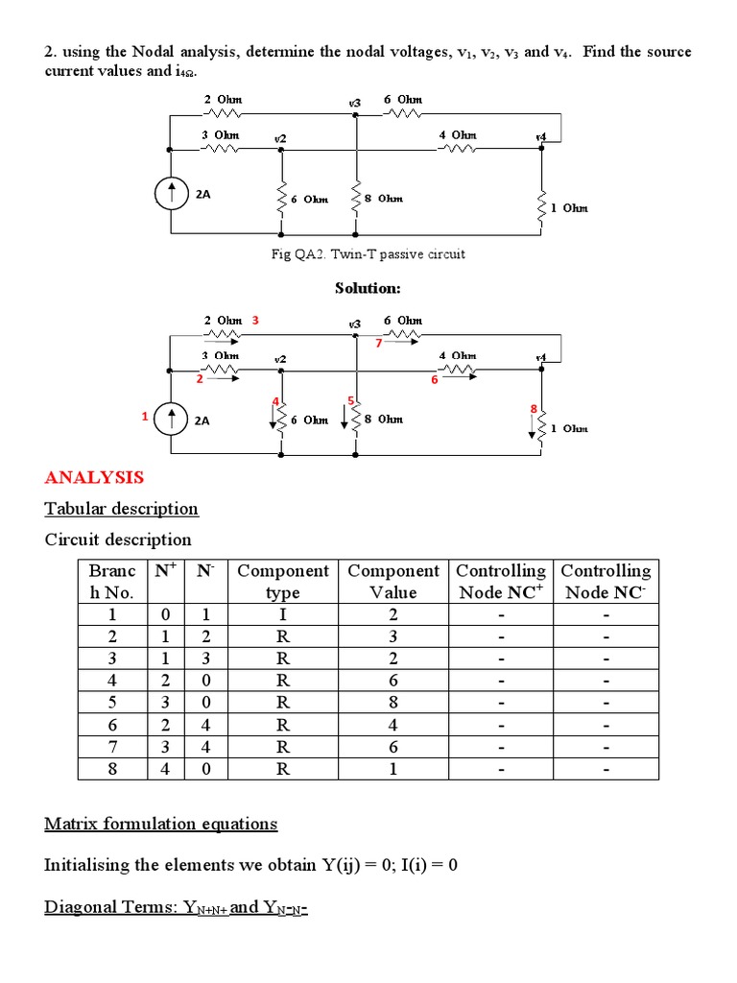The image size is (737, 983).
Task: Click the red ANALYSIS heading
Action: coord(94,477)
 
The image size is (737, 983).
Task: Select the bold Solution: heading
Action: coord(368,288)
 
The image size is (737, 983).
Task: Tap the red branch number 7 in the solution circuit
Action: coord(378,343)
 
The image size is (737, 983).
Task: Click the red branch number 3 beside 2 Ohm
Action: coord(255,320)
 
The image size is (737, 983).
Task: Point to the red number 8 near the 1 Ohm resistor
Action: coord(534,410)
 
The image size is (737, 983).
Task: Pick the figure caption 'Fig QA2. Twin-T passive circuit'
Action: coord(368,254)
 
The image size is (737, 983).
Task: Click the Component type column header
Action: coord(282,582)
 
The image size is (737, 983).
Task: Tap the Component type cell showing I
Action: coord(282,615)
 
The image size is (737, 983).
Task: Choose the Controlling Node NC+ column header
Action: coord(500,582)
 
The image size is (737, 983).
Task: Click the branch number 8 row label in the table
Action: coord(111,768)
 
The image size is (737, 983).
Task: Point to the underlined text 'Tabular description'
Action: coord(122,509)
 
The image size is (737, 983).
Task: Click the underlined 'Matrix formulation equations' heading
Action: coord(161,824)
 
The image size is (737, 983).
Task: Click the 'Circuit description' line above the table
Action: coord(118,539)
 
